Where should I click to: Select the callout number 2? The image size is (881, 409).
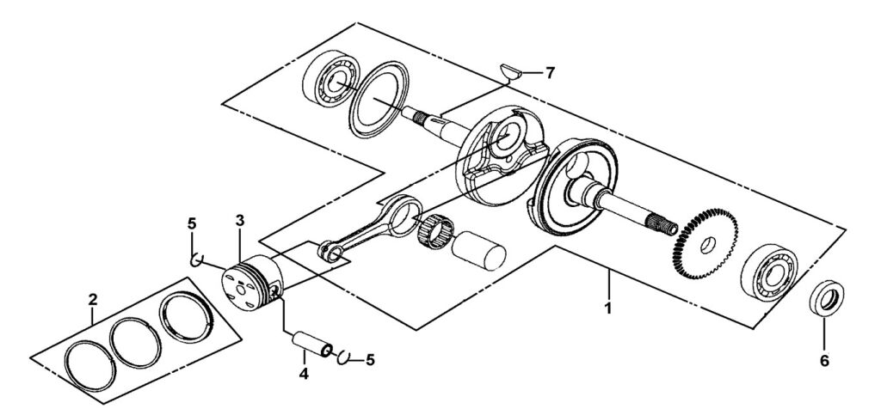click(x=93, y=300)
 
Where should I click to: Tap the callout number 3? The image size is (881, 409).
click(x=240, y=221)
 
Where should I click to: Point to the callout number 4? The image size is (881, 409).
click(x=302, y=374)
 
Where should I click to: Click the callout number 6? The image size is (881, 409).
click(x=823, y=361)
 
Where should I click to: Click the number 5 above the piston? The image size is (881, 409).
click(x=192, y=224)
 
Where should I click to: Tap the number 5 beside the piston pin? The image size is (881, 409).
click(x=371, y=361)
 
